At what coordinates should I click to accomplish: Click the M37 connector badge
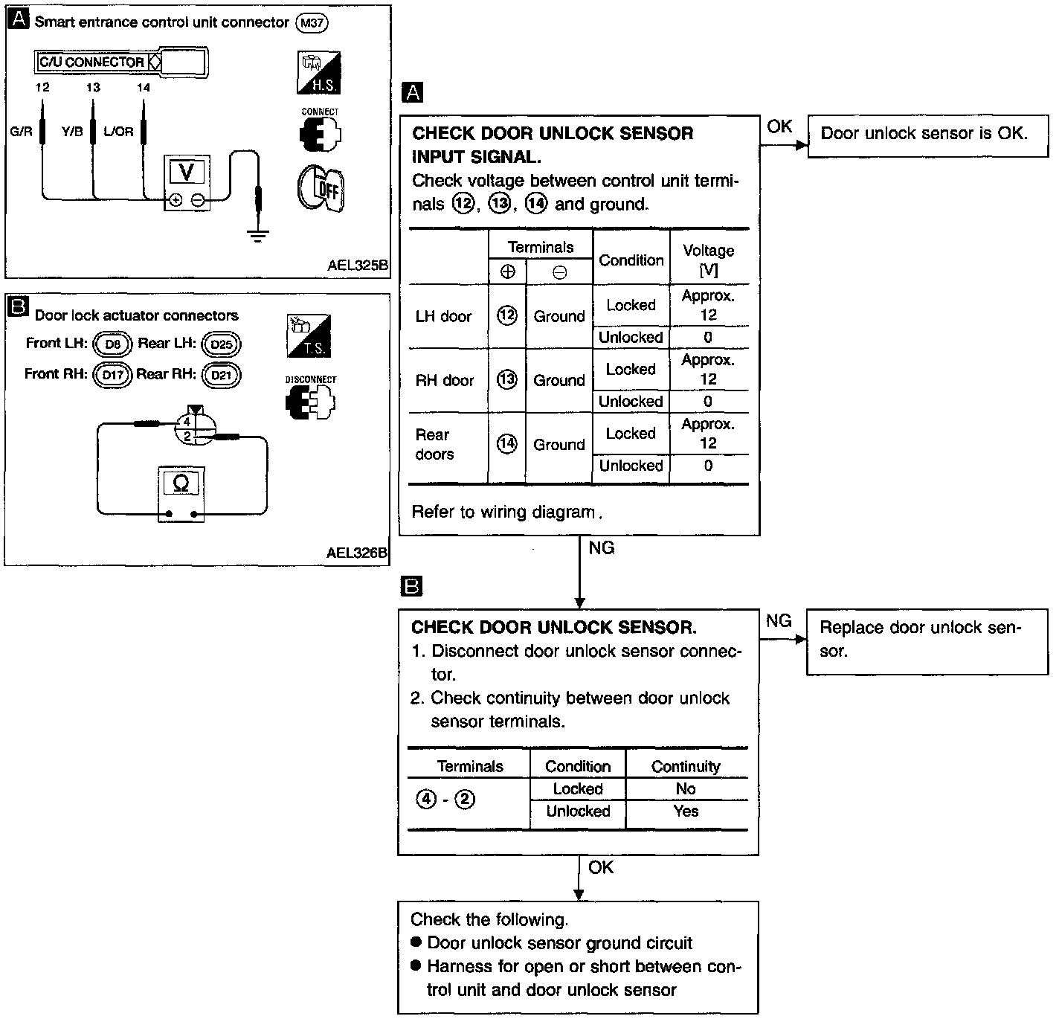312,23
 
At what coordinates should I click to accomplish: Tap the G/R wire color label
22,131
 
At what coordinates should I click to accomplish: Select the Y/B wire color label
72,131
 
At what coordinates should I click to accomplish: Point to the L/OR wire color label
118,131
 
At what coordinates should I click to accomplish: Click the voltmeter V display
187,172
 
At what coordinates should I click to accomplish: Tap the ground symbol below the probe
257,236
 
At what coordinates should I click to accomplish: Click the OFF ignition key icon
321,189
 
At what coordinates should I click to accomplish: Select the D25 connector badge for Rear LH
221,344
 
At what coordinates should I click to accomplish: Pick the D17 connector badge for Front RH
112,375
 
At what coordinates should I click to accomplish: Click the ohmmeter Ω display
181,483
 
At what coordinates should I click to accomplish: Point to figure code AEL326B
357,553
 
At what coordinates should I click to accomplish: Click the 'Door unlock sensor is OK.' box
928,136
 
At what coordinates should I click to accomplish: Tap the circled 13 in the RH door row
507,379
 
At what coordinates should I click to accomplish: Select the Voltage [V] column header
709,260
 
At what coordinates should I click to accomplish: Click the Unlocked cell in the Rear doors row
631,466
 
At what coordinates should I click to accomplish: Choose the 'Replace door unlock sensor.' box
927,642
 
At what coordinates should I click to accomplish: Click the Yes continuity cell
686,811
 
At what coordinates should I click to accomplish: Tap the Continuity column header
686,766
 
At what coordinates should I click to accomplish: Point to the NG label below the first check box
602,547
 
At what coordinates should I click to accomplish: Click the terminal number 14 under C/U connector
143,87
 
